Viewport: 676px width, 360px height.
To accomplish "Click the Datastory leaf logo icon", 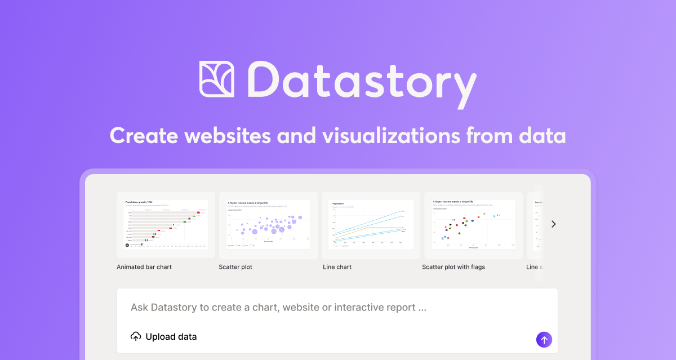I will [x=217, y=79].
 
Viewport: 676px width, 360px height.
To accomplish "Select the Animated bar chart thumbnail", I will [x=166, y=224].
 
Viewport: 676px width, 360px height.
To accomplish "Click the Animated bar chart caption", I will [x=144, y=267].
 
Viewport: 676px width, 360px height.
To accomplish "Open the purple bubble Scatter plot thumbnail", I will [x=269, y=224].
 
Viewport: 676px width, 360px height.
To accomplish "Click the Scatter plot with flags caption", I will [x=453, y=267].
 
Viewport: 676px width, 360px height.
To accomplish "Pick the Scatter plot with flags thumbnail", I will [x=473, y=224].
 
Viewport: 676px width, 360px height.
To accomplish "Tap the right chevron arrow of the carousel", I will [x=553, y=224].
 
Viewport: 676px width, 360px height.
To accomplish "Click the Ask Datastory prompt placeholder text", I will [x=278, y=308].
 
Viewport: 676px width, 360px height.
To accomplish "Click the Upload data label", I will [x=171, y=337].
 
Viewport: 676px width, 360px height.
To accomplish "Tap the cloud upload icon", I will [x=136, y=337].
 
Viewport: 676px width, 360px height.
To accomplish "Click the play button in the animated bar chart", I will [x=127, y=245].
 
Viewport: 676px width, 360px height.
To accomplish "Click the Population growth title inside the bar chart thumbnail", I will [x=139, y=202].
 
